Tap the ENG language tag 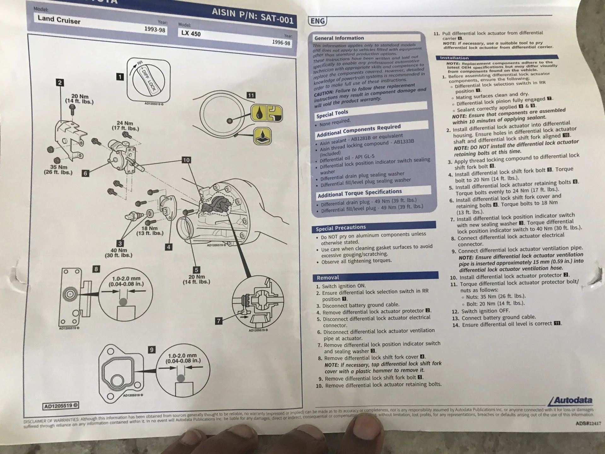(317, 21)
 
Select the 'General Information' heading (339, 38)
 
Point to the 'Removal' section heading (328, 278)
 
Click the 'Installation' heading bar (454, 58)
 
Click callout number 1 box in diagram (120, 77)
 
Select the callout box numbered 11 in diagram (251, 95)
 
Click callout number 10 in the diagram (186, 160)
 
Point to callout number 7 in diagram (218, 321)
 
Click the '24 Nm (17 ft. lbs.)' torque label (125, 126)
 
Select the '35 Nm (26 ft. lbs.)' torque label (58, 170)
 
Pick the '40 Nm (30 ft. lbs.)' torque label (118, 253)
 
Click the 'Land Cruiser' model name (59, 20)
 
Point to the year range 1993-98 (155, 29)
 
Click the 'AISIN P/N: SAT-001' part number (252, 16)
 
